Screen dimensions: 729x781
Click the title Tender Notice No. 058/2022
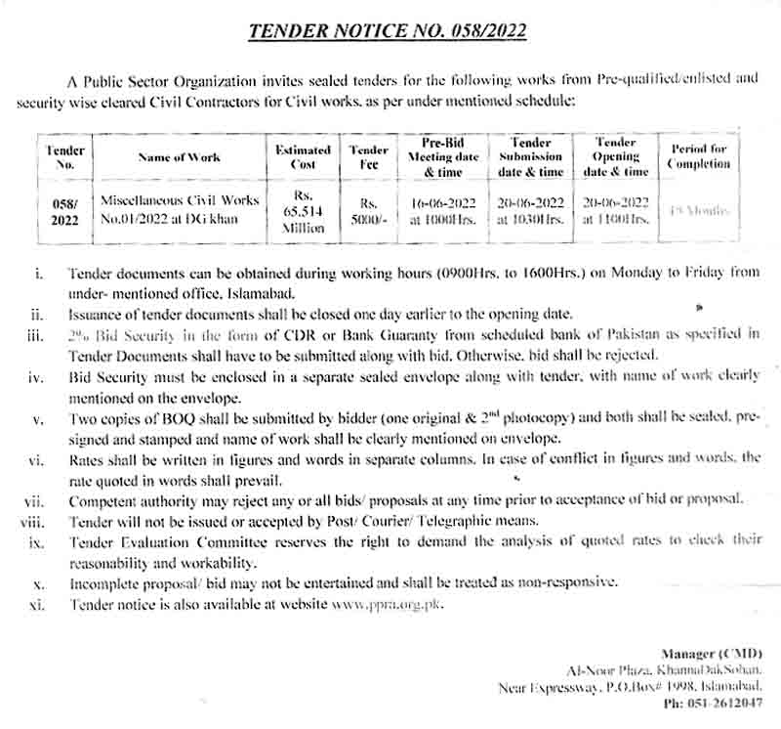pyautogui.click(x=388, y=30)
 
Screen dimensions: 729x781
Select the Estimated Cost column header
pyautogui.click(x=302, y=156)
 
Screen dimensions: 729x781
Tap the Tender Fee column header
pyautogui.click(x=368, y=156)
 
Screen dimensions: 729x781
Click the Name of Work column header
pyautogui.click(x=179, y=156)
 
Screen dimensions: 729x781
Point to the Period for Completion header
pyautogui.click(x=698, y=156)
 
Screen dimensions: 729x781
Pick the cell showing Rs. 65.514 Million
pyautogui.click(x=302, y=212)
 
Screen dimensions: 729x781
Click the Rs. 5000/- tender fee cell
pyautogui.click(x=368, y=212)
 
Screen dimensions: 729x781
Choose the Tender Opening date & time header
pyautogui.click(x=615, y=156)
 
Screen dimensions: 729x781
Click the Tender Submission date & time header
pyautogui.click(x=531, y=156)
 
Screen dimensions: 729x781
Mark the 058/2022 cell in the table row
pyautogui.click(x=66, y=212)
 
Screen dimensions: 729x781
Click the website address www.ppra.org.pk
pyautogui.click(x=388, y=605)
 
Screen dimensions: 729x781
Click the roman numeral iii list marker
pyautogui.click(x=36, y=334)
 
